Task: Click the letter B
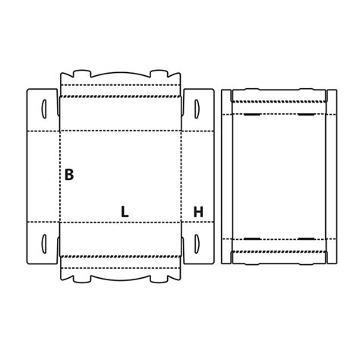click(69, 175)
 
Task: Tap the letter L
click(125, 212)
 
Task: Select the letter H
click(198, 212)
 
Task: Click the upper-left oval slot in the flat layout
click(44, 109)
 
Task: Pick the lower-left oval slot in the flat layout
click(44, 244)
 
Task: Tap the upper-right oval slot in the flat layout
click(197, 109)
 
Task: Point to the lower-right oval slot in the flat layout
click(197, 244)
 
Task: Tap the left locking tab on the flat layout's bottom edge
click(82, 279)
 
